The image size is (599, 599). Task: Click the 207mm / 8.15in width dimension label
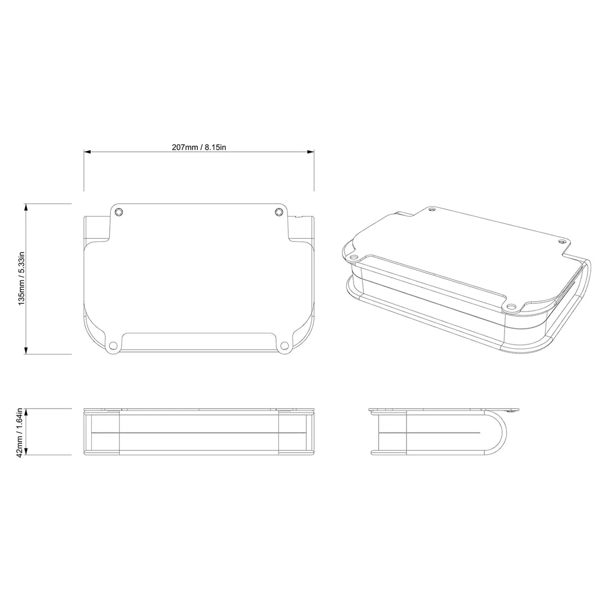click(x=198, y=147)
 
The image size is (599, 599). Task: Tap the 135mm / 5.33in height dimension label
click(x=22, y=278)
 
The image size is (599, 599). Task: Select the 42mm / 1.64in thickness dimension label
click(x=22, y=432)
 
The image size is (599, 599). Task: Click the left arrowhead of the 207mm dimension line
click(x=87, y=152)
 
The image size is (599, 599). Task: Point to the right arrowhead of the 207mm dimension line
click(x=311, y=152)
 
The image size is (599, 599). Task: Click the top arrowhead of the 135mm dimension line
click(x=26, y=207)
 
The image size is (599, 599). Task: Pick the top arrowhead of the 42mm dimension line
click(x=26, y=412)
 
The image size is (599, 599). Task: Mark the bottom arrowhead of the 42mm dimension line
click(x=26, y=451)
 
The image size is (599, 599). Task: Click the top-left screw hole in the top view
click(x=119, y=212)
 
